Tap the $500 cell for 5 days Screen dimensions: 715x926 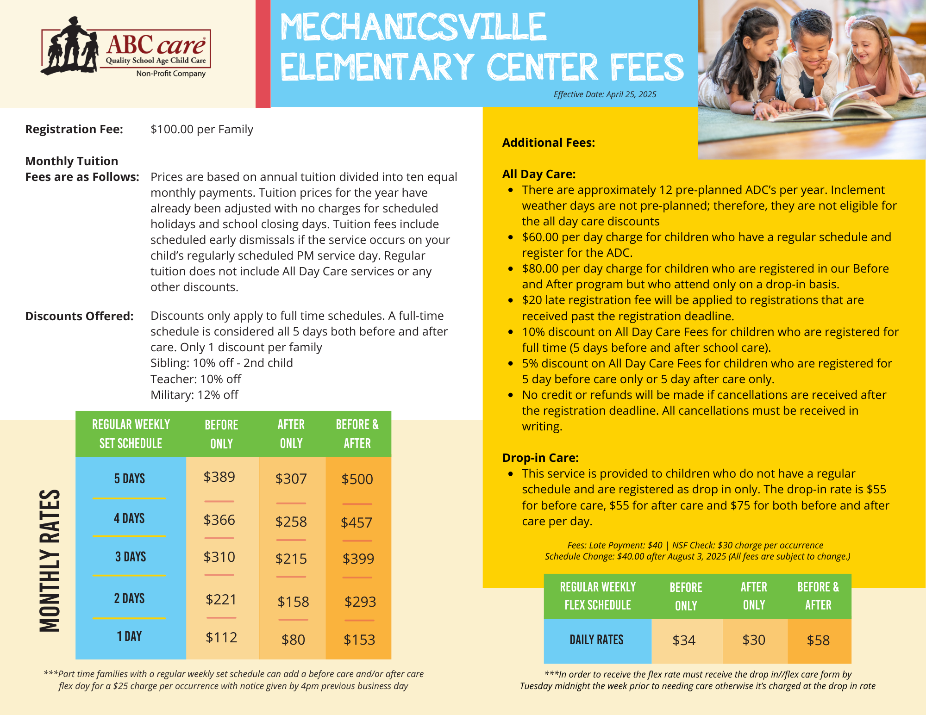357,479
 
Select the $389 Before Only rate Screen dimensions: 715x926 219,477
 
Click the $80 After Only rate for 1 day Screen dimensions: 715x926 293,640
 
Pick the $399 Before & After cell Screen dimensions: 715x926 358,559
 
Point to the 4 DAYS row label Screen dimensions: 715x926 129,518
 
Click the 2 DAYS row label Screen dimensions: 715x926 129,598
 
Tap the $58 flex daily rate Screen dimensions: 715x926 818,640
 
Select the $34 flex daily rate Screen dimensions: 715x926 684,640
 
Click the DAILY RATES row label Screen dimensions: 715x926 596,640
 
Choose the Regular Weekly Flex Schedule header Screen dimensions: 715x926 598,596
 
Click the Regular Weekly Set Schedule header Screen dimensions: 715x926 131,434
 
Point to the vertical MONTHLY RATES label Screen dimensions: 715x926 50,560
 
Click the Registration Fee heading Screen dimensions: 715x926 74,129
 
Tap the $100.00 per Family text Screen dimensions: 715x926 202,129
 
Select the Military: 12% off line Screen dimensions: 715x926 194,395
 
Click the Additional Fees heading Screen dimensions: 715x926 549,143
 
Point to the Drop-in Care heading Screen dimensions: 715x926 540,458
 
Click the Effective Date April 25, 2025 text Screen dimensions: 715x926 605,94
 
